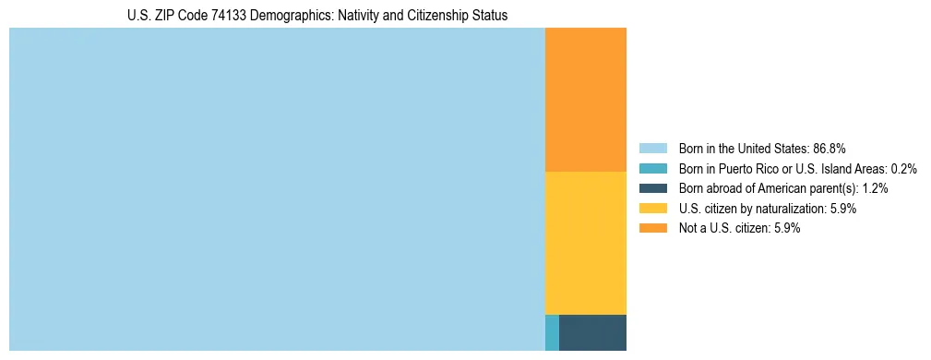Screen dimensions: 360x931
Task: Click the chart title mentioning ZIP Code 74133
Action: tap(317, 16)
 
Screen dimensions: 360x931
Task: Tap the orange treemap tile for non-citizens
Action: tap(586, 100)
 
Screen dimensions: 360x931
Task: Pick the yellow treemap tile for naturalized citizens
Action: tap(586, 243)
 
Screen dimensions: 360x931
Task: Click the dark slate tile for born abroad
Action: tap(592, 332)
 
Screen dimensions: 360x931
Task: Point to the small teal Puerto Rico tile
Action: tap(552, 332)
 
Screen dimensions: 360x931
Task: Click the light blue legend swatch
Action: tap(652, 149)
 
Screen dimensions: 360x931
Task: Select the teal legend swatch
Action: tap(652, 169)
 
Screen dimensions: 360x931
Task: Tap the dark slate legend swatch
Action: tap(652, 188)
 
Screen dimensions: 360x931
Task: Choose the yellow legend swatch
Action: tap(652, 209)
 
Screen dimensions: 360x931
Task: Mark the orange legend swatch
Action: tap(652, 229)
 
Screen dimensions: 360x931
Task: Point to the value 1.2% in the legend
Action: tap(876, 188)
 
